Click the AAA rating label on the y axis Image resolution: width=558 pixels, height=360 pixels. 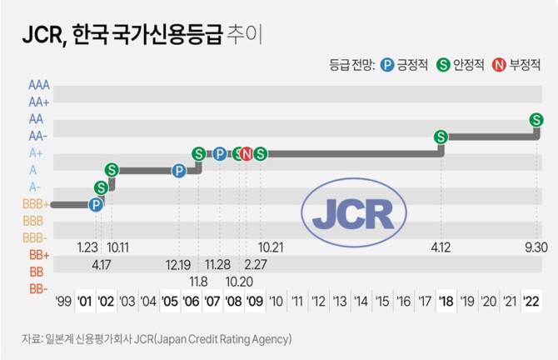pyautogui.click(x=38, y=85)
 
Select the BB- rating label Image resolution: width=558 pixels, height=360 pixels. pyautogui.click(x=37, y=289)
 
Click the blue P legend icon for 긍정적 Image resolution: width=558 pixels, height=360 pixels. pyautogui.click(x=387, y=63)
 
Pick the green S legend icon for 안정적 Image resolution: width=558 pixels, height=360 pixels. pyautogui.click(x=445, y=63)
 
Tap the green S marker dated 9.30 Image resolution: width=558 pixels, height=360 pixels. pyautogui.click(x=537, y=120)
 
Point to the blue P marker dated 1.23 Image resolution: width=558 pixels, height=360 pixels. pyautogui.click(x=96, y=204)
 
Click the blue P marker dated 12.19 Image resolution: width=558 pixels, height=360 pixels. pyautogui.click(x=179, y=171)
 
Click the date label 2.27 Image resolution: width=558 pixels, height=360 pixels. pyautogui.click(x=255, y=263)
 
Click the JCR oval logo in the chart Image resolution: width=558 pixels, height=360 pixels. pyautogui.click(x=353, y=212)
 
